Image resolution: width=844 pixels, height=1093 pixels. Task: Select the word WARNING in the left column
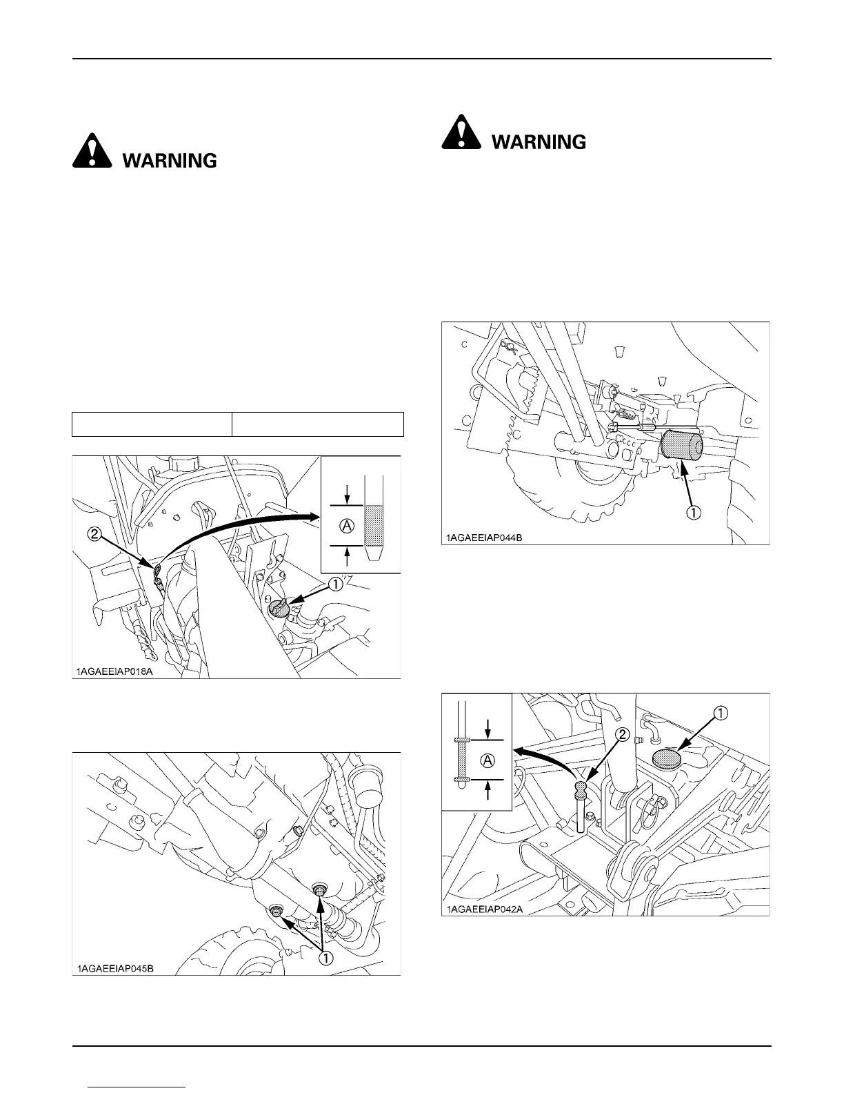click(x=170, y=161)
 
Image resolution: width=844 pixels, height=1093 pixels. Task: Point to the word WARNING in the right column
click(x=539, y=142)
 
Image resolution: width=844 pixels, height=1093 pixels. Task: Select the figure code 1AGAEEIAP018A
click(x=114, y=670)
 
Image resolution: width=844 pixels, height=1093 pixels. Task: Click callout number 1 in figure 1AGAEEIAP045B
click(x=324, y=958)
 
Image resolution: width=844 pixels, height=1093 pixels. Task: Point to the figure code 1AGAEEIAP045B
click(x=115, y=968)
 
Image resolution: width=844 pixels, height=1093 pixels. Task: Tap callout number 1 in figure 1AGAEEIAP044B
click(x=693, y=513)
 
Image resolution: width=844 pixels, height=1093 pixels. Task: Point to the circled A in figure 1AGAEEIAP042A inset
click(x=488, y=760)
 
